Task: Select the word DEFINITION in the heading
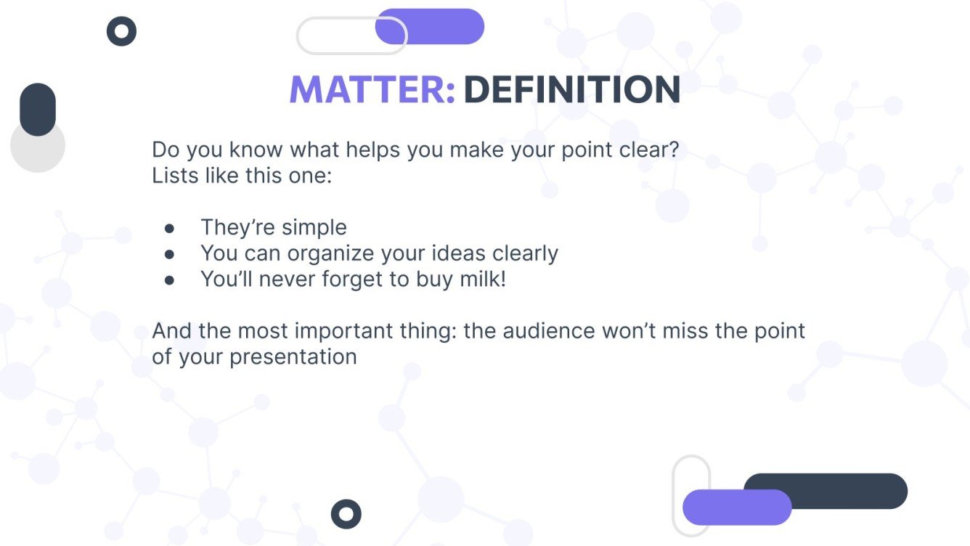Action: (571, 89)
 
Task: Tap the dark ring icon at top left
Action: (121, 31)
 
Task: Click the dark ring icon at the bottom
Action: (346, 514)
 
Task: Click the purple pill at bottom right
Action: (736, 507)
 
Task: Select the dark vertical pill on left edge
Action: (38, 109)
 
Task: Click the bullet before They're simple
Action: (170, 228)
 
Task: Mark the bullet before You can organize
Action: (170, 254)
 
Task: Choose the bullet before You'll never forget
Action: (170, 280)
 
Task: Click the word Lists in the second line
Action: (171, 176)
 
